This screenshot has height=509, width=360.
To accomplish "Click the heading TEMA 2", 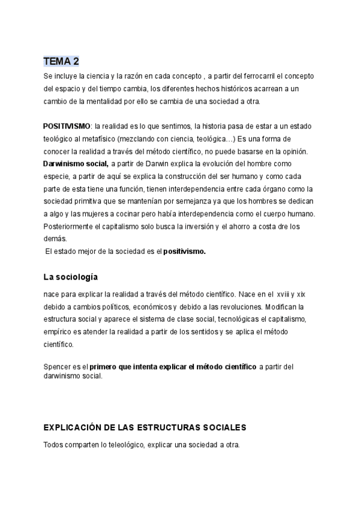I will [x=61, y=61].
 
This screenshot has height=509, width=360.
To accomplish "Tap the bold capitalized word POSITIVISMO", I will [x=67, y=127].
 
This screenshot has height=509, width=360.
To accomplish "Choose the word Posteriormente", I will [x=70, y=226].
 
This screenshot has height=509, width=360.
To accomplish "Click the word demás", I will [x=55, y=238].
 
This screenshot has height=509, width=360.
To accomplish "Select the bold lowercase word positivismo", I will [x=184, y=251].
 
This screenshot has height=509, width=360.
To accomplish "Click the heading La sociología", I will [x=71, y=277].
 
